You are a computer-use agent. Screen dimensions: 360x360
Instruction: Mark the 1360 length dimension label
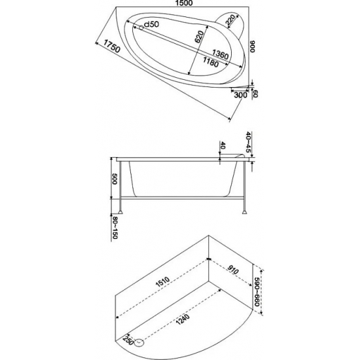[x=220, y=55]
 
